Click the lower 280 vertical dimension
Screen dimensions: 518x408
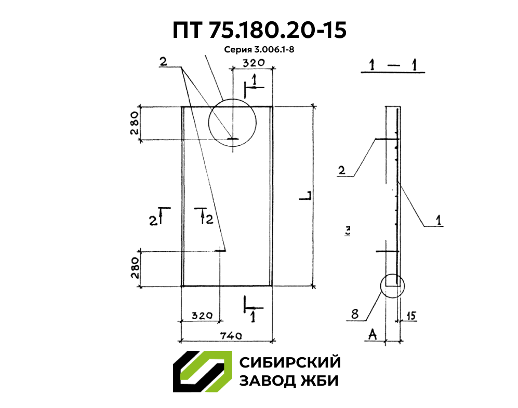(x=135, y=267)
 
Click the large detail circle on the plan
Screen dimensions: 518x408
(x=232, y=123)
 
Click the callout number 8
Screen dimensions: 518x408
(x=354, y=314)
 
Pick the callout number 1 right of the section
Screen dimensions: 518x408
(x=439, y=221)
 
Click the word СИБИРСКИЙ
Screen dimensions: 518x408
(x=289, y=362)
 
